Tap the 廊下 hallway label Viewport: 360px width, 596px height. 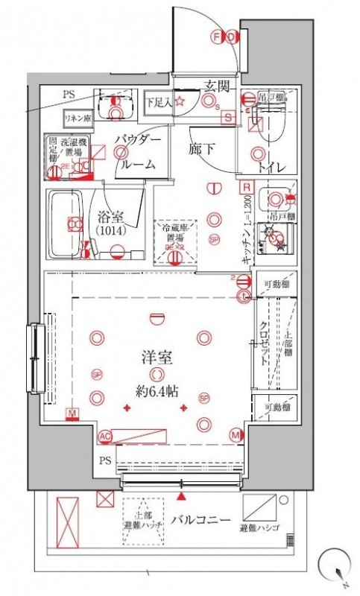199,148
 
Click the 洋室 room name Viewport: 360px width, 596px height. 157,357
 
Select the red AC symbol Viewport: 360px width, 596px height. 106,435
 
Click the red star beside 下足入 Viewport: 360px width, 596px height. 180,100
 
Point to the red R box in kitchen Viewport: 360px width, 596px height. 244,186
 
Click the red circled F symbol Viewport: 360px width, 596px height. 217,36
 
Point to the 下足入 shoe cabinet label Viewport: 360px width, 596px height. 158,101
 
